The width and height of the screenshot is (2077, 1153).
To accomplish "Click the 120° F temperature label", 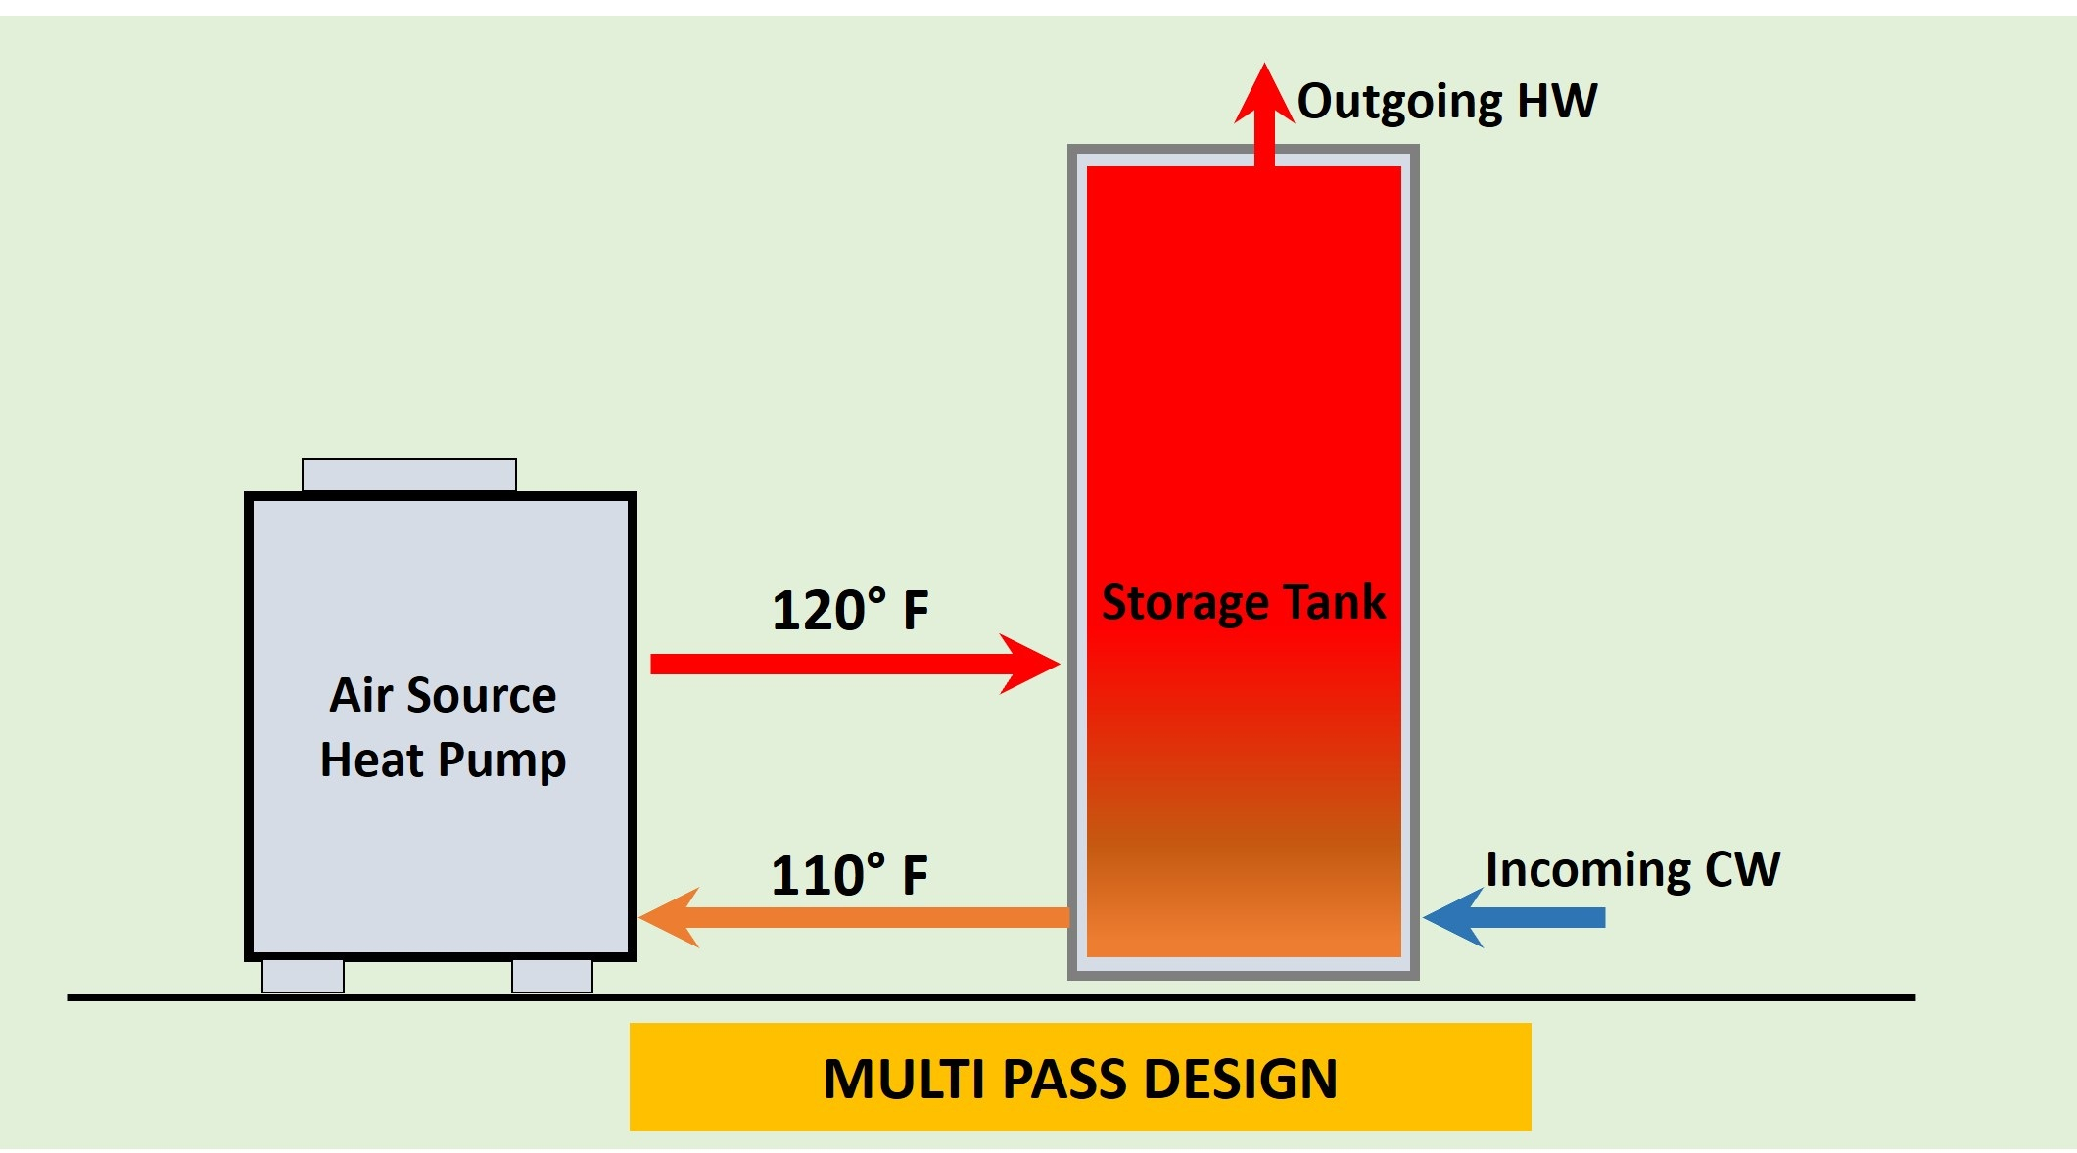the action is [x=850, y=610].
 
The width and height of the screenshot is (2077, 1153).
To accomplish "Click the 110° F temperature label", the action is [x=849, y=874].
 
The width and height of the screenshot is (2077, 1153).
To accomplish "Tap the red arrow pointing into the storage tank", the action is [x=855, y=664].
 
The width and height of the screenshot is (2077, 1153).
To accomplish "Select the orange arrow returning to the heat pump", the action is [x=854, y=917].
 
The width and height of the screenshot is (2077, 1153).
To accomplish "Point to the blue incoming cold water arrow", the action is [x=1514, y=917].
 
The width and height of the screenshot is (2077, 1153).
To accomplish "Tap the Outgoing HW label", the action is [x=1447, y=102].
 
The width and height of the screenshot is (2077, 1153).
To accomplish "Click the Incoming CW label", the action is [x=1632, y=869].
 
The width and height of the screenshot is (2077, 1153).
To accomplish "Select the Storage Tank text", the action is [x=1244, y=602].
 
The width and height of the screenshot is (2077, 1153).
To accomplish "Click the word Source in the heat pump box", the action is [x=481, y=695].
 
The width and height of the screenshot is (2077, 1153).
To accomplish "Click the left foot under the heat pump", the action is [x=303, y=976].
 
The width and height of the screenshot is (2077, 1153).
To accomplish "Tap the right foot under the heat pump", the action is [x=552, y=976].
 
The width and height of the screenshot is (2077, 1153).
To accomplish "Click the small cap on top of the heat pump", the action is [x=409, y=475].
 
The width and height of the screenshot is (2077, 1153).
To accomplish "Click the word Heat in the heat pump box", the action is [x=371, y=760].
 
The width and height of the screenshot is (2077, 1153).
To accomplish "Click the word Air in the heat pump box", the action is [x=360, y=695].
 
